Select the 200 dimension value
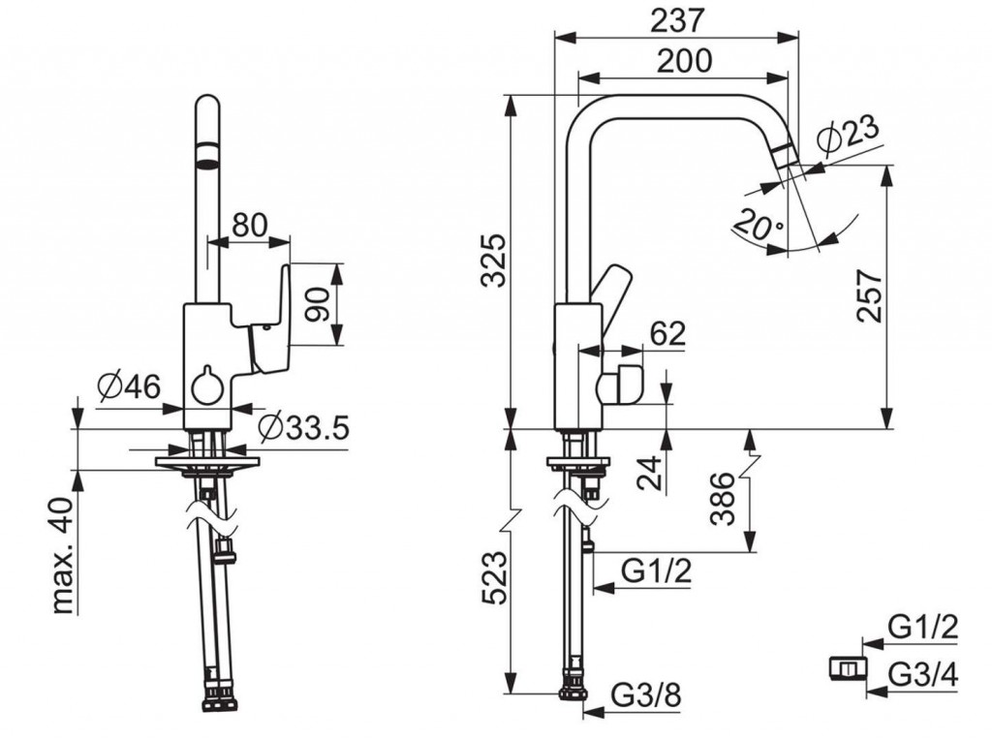(683, 61)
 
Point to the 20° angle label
(759, 226)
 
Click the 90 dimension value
(314, 303)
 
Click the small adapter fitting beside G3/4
(848, 667)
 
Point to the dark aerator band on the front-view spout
(207, 153)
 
